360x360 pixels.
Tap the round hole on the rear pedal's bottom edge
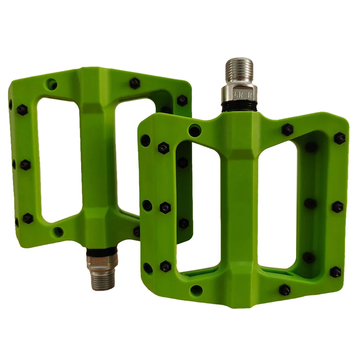58,232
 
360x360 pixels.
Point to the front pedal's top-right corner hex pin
340,138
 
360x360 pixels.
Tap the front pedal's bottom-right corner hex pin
335,272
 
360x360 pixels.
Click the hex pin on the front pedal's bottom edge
284,289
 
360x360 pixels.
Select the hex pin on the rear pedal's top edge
135,83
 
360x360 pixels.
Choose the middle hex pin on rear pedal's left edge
25,164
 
